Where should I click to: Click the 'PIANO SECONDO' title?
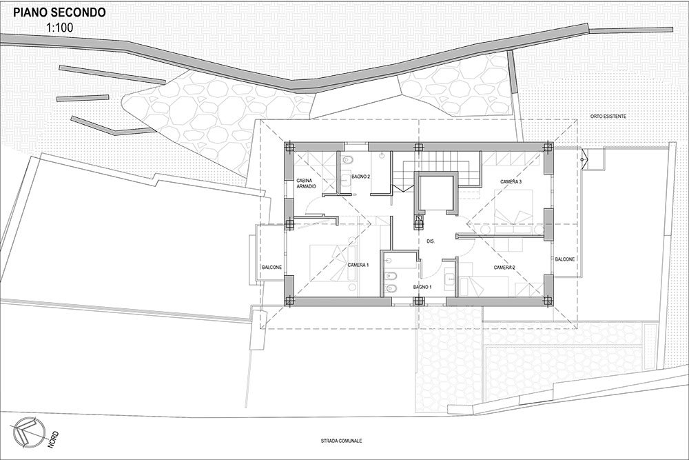(59, 12)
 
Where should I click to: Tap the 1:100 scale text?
(59, 28)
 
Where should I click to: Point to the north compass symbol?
(29, 432)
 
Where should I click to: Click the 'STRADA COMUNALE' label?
(341, 441)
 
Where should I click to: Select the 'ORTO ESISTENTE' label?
(608, 117)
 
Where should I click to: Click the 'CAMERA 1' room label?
(358, 266)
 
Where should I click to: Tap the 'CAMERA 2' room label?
(504, 268)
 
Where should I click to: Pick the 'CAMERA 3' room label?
(511, 181)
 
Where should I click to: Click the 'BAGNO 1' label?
(422, 287)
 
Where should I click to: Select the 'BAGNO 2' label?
(361, 177)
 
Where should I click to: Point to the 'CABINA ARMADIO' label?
(307, 183)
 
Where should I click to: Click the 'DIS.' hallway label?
(431, 241)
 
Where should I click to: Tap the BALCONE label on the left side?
(271, 268)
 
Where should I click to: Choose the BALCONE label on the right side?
(565, 259)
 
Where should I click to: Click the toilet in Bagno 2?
(346, 159)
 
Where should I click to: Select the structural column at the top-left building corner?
(289, 147)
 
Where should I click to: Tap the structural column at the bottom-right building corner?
(548, 301)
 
